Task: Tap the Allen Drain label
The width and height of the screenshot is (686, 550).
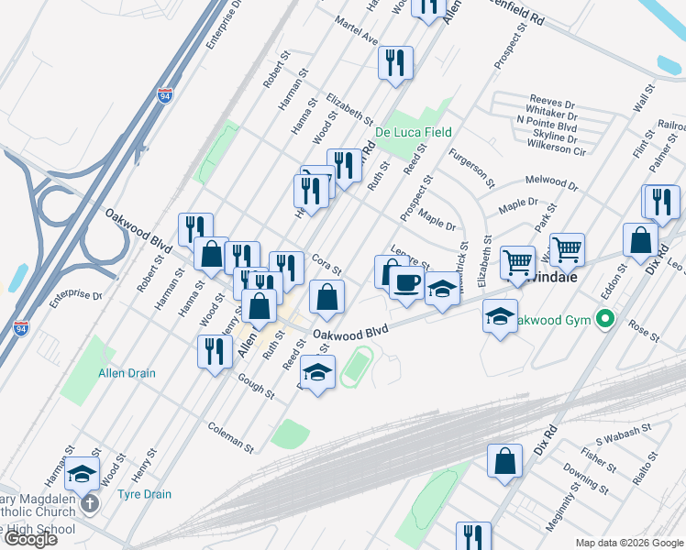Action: tap(127, 373)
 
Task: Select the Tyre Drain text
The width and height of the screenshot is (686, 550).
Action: tap(144, 494)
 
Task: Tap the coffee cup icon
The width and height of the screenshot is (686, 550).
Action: tap(406, 281)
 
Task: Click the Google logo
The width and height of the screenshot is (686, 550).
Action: tap(29, 539)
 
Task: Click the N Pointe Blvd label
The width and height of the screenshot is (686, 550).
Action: tap(547, 120)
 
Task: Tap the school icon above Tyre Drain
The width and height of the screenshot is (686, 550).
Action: tap(83, 473)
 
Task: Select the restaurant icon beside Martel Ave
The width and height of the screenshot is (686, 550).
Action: tap(395, 62)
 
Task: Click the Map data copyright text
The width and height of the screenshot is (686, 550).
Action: tap(628, 543)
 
